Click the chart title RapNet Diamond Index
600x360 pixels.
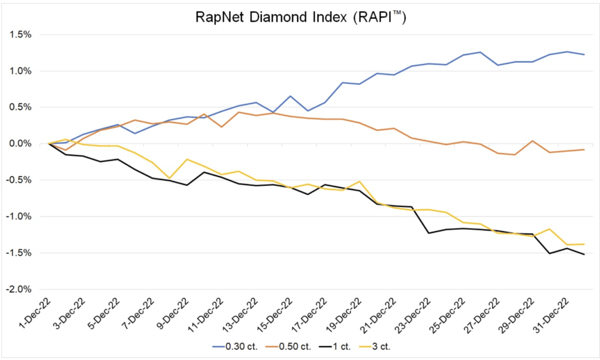(300, 18)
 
